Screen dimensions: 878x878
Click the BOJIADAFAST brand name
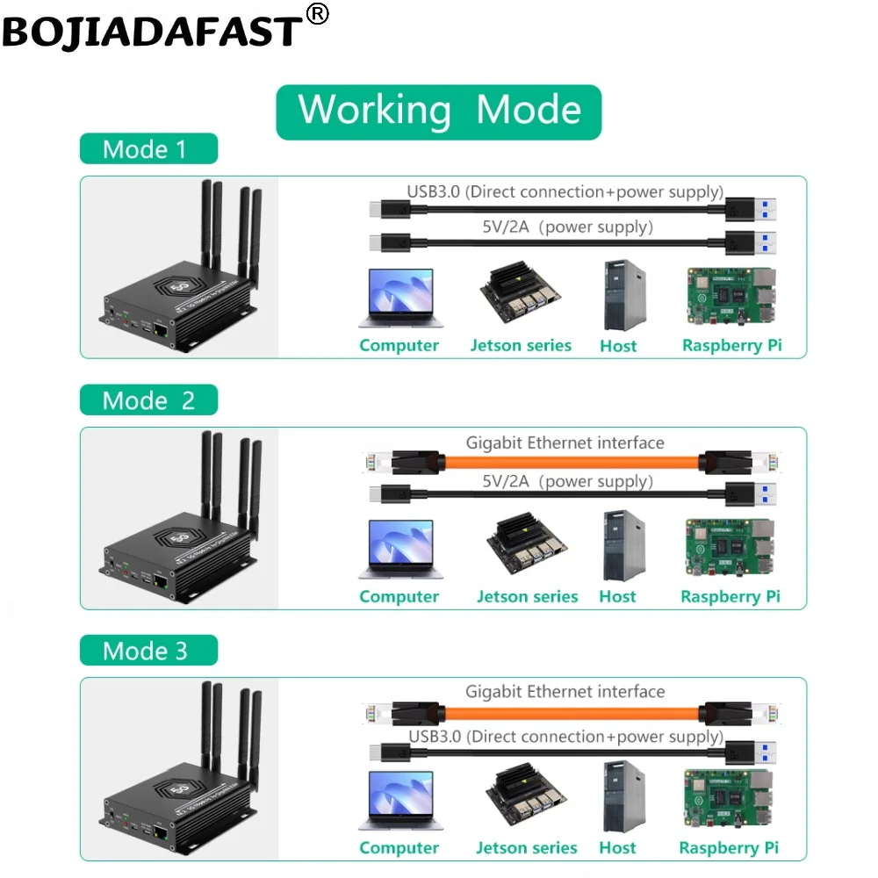pos(151,31)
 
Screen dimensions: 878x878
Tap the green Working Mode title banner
pos(439,112)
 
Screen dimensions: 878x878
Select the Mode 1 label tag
pos(147,149)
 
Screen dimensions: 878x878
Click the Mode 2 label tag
pos(148,400)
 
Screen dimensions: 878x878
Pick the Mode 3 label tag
pos(147,651)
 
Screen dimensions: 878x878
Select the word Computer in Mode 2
pos(399,597)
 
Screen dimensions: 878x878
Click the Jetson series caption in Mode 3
pos(527,848)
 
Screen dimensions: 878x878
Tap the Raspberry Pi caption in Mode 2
pos(730,597)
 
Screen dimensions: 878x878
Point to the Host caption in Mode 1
pos(618,346)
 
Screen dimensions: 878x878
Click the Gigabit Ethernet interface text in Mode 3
pos(565,692)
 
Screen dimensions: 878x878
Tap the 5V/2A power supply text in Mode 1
pos(566,227)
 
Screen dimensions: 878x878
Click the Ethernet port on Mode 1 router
pos(161,331)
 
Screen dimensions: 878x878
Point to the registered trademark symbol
pos(317,14)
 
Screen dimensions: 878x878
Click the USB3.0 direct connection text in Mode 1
pos(565,191)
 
